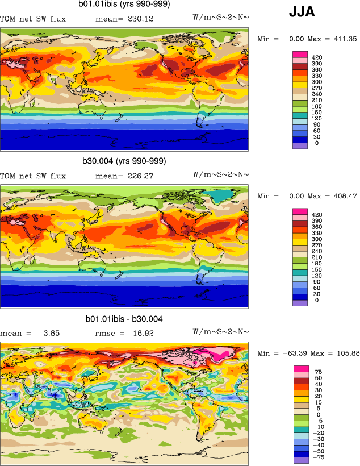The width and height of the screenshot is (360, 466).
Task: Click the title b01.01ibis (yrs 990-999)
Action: pos(124,5)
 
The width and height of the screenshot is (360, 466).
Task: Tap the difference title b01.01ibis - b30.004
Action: pos(124,319)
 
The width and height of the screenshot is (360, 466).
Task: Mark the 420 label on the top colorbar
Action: pos(317,57)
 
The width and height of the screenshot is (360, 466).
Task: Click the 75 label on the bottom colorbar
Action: pos(317,371)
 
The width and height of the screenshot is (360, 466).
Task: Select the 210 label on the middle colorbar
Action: pos(317,259)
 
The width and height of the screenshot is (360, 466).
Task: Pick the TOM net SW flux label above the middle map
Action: pos(33,176)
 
